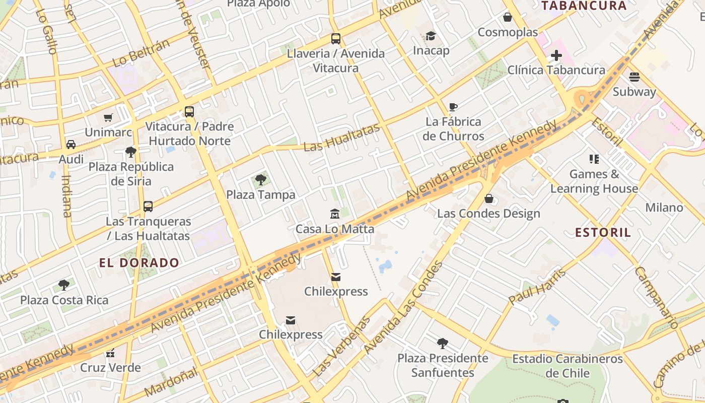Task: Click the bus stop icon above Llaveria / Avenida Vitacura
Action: pyautogui.click(x=335, y=38)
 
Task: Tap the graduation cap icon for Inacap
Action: pyautogui.click(x=431, y=36)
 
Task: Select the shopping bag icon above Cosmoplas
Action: pyautogui.click(x=508, y=17)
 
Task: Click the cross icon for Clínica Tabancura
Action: pyautogui.click(x=556, y=55)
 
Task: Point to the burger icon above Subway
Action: pyautogui.click(x=634, y=77)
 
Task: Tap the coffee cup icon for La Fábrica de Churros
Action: pyautogui.click(x=453, y=107)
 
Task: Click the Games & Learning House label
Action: pyautogui.click(x=594, y=181)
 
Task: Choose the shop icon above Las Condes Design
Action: pyautogui.click(x=488, y=199)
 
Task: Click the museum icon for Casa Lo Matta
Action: pyautogui.click(x=335, y=214)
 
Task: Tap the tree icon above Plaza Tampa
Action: pyautogui.click(x=260, y=180)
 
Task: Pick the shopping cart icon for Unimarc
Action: pyautogui.click(x=108, y=117)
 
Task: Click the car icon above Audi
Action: pyautogui.click(x=71, y=145)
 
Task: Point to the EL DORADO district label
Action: pyautogui.click(x=139, y=262)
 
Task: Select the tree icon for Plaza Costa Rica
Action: pyautogui.click(x=64, y=285)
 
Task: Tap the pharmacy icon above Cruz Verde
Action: pyautogui.click(x=110, y=353)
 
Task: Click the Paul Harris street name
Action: pyautogui.click(x=537, y=287)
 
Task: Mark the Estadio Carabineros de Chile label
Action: pyautogui.click(x=568, y=366)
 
